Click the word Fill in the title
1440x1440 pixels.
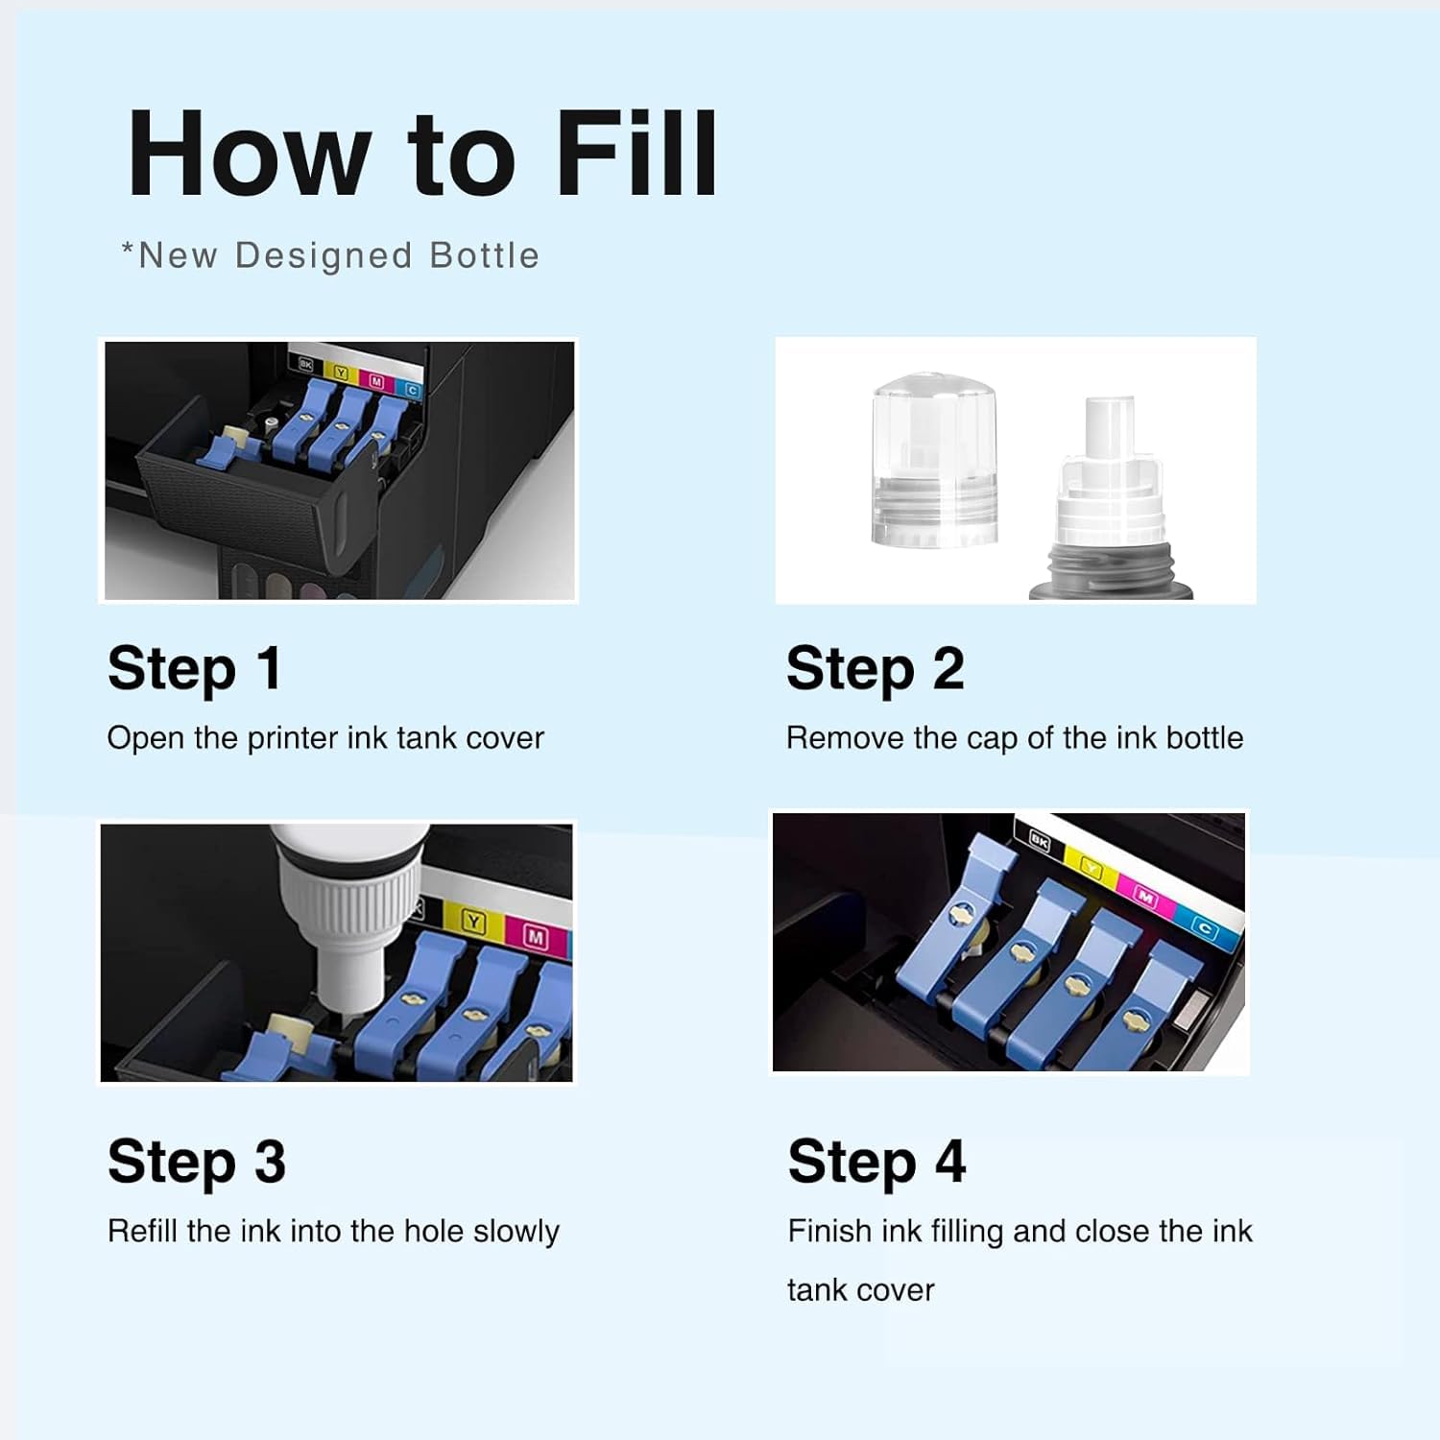[x=636, y=154]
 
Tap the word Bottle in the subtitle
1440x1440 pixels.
[x=484, y=255]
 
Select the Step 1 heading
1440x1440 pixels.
[x=194, y=670]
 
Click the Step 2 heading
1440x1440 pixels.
[x=875, y=670]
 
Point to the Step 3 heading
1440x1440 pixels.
[x=197, y=1163]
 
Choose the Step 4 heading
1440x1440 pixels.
[x=876, y=1163]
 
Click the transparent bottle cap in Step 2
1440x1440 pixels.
[x=933, y=460]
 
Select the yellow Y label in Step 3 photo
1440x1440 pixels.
[x=474, y=923]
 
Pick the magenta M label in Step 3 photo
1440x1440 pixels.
[x=536, y=937]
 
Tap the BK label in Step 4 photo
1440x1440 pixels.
[x=1039, y=841]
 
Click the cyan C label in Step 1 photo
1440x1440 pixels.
[x=412, y=391]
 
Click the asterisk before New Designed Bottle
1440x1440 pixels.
[x=128, y=250]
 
